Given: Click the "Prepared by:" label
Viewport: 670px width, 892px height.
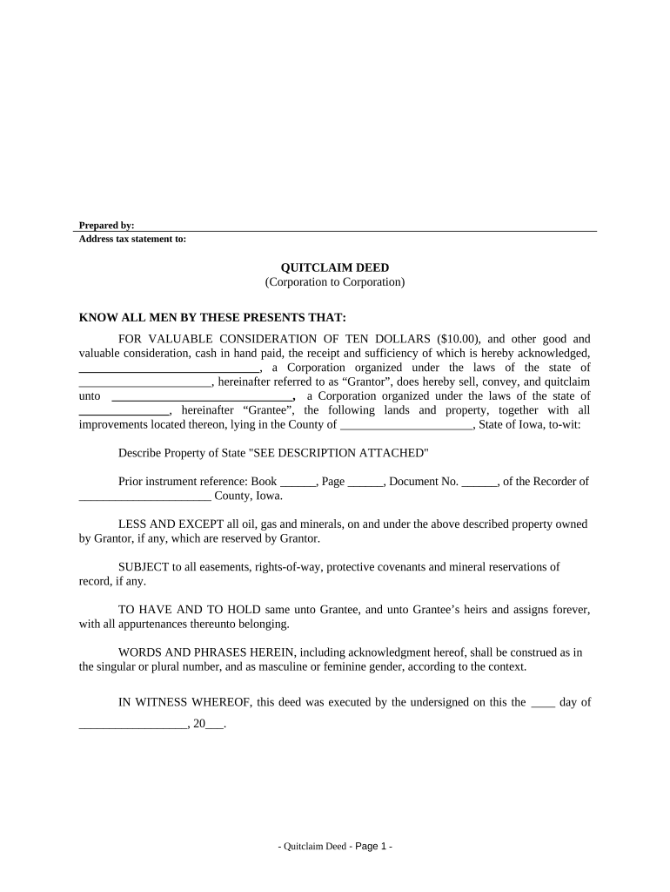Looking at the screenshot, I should point(106,226).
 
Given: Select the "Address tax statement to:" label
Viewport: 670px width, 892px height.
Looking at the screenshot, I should point(132,239).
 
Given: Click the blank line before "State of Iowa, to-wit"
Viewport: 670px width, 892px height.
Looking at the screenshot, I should point(405,425).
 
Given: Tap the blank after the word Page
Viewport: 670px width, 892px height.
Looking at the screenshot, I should point(365,482).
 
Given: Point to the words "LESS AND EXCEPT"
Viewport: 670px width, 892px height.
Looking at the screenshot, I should point(161,524).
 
